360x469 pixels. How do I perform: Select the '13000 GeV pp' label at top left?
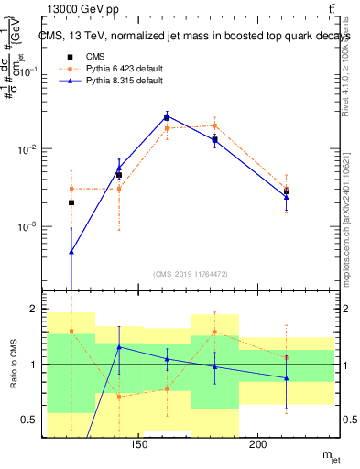coord(80,9)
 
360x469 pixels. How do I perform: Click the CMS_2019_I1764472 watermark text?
coord(191,273)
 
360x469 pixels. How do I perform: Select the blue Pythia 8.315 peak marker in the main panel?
coord(167,116)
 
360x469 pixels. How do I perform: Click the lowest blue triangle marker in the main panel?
coord(71,252)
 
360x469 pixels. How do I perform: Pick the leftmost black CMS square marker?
coord(71,202)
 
